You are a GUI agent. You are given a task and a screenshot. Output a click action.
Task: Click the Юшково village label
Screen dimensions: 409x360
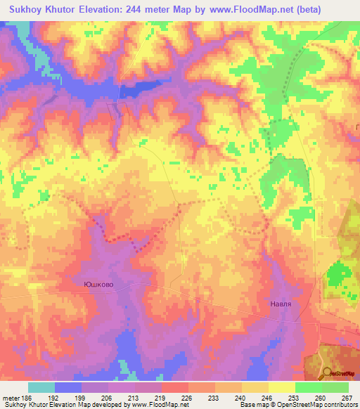point(98,285)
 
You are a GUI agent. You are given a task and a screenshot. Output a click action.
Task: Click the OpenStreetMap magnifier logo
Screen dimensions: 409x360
point(326,372)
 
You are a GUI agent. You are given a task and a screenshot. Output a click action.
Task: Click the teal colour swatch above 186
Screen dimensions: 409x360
point(41,387)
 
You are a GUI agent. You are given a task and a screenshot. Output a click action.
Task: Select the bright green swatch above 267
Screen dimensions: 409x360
point(335,387)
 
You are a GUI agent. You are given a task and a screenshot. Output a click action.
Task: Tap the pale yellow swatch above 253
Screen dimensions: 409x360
point(282,387)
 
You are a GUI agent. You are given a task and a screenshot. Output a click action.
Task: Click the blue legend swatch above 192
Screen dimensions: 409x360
point(68,387)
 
